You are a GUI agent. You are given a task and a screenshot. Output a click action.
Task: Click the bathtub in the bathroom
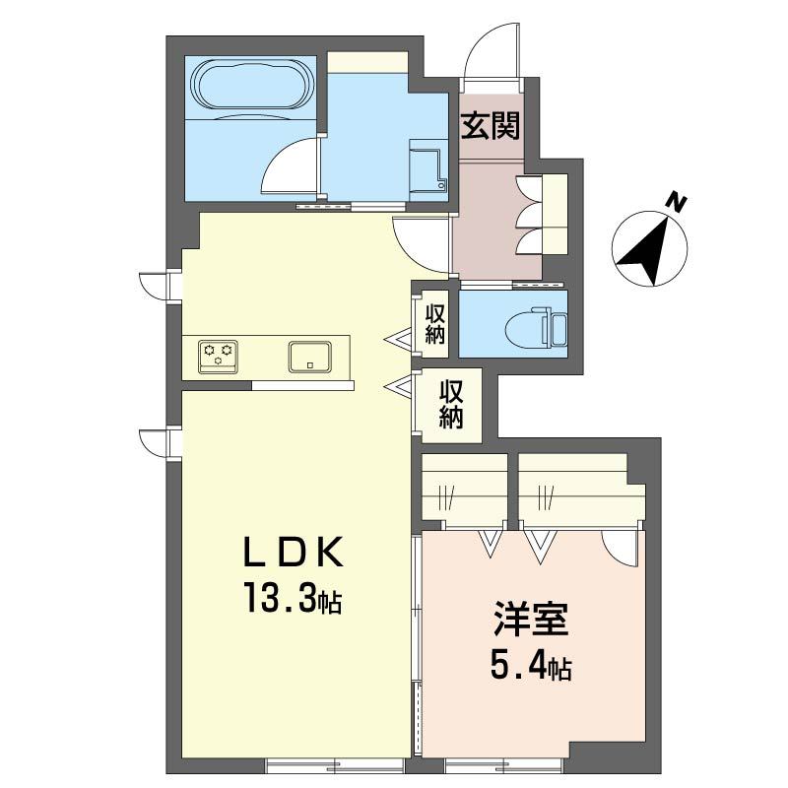250,86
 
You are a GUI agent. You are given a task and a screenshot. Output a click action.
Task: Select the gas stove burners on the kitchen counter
218,357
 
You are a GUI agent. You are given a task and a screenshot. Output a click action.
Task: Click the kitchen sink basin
310,357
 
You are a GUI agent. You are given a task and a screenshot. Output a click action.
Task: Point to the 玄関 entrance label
491,126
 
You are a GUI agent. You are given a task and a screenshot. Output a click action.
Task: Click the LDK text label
294,552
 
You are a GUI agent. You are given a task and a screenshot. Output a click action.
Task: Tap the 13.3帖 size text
294,598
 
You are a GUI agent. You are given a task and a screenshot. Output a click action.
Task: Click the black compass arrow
647,250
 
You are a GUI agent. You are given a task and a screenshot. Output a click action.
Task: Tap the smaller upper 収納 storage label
434,324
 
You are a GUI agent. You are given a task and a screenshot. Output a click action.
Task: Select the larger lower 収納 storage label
451,405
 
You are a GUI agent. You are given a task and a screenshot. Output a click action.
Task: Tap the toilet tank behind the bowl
558,329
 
